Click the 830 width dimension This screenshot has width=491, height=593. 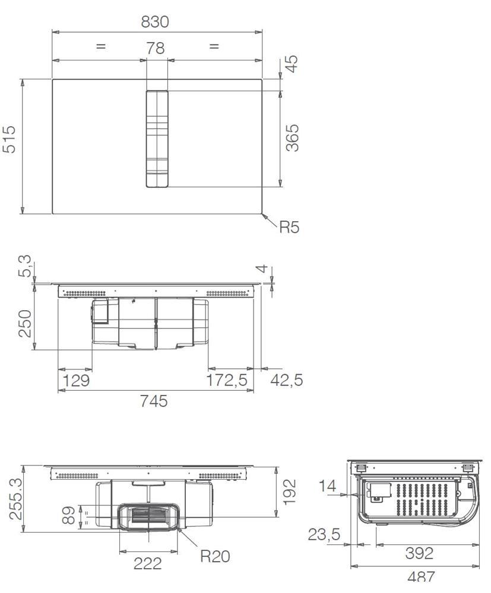click(x=155, y=22)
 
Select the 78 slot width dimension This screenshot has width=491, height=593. click(x=155, y=48)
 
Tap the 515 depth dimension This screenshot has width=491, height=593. click(x=9, y=139)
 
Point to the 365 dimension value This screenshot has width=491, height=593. click(x=292, y=138)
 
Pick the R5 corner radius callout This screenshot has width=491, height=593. click(x=289, y=227)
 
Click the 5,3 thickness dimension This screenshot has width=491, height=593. click(x=25, y=266)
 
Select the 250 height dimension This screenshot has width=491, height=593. click(x=25, y=323)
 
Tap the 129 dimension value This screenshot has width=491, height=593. click(x=76, y=380)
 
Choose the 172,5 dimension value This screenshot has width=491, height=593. click(x=226, y=380)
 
